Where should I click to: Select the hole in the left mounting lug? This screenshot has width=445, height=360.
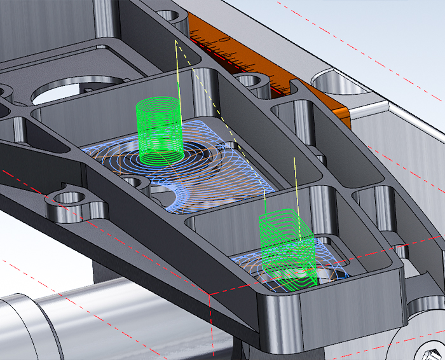pos(66,197)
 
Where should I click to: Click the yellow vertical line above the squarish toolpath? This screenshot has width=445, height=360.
pos(295,184)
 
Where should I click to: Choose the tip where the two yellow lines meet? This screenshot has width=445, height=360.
pos(175,41)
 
